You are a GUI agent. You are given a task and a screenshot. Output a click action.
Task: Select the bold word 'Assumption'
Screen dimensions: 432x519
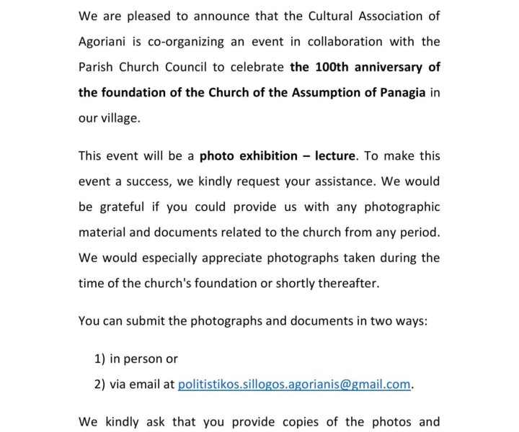click(x=307, y=93)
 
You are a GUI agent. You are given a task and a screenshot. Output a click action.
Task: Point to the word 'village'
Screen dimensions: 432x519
click(x=120, y=119)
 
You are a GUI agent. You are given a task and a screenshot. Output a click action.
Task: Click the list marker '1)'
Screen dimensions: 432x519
click(x=100, y=359)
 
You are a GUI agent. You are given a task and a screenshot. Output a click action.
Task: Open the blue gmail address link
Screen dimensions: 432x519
click(x=294, y=384)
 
